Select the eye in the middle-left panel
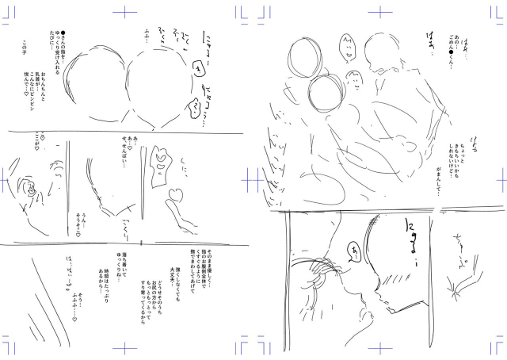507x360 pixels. tap(30, 191)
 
